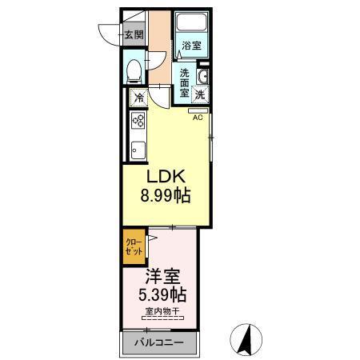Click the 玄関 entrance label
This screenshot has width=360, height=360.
click(x=134, y=34)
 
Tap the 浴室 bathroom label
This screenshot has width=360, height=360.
click(x=190, y=46)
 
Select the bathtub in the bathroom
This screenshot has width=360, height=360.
click(x=191, y=24)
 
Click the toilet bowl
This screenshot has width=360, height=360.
click(x=134, y=70)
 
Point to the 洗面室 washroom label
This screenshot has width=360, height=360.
click(x=183, y=81)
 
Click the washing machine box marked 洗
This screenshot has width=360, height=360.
click(x=200, y=94)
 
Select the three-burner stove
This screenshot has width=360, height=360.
click(x=137, y=122)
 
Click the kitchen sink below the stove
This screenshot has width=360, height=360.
click(x=137, y=149)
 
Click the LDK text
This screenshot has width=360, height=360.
click(x=166, y=175)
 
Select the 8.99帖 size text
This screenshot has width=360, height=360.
click(x=166, y=194)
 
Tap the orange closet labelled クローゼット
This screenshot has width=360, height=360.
click(x=134, y=246)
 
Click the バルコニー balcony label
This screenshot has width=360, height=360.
click(x=158, y=343)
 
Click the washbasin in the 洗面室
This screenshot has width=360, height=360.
click(x=203, y=77)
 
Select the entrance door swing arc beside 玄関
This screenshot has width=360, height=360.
click(x=110, y=34)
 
